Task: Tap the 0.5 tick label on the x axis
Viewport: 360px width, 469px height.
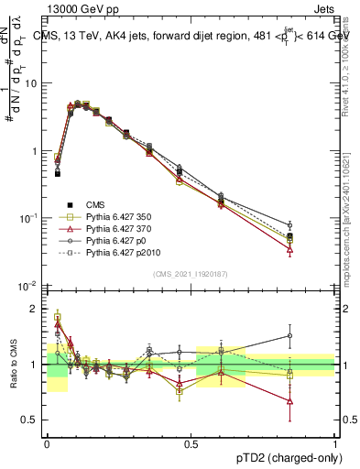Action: click(191, 442)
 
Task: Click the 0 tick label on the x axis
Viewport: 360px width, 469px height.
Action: click(47, 442)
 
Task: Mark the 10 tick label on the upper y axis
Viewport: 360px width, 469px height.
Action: click(31, 83)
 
